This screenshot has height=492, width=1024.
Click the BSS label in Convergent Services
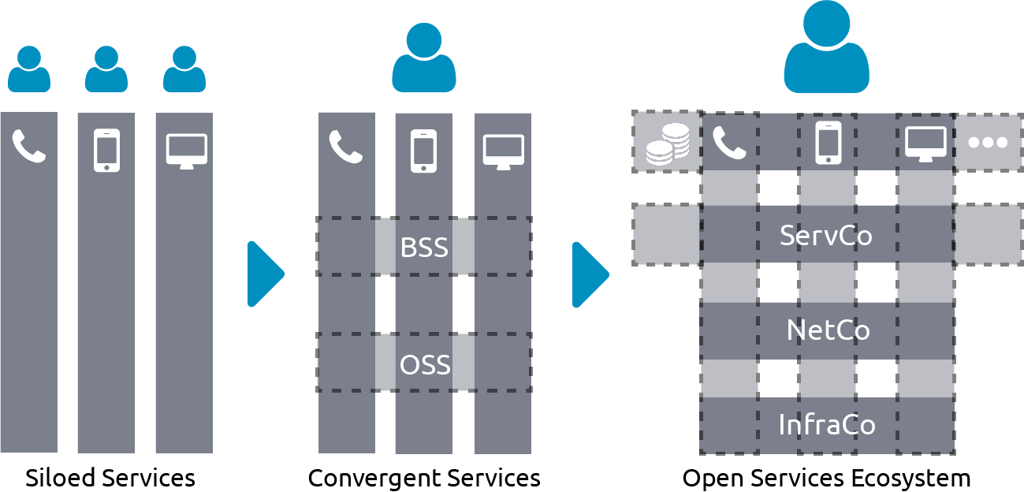coord(424,247)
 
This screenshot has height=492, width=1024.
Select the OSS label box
coord(424,363)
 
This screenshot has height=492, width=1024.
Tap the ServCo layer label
coord(826,235)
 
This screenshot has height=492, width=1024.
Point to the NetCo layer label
coord(828,330)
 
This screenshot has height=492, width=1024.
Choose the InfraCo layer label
coord(827,425)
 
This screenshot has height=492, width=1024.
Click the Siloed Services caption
coord(110,478)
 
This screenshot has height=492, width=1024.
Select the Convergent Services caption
coord(424,478)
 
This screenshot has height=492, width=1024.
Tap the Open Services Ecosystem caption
coord(826,478)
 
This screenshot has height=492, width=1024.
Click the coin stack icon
coord(667,143)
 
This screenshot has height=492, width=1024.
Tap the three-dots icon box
coord(988,143)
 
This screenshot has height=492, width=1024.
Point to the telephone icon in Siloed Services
coord(29,147)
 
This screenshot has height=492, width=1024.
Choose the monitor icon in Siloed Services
coord(186,151)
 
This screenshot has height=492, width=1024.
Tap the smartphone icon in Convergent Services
coord(423,151)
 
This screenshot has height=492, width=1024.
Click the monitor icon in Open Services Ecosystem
coord(925,143)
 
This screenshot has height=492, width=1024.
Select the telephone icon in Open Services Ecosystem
coord(729,143)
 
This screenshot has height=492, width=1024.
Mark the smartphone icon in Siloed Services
coord(106,150)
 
